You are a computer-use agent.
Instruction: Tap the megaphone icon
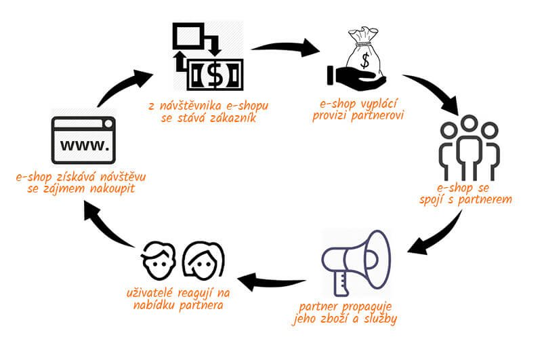click(356, 263)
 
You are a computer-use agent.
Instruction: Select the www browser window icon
click(83, 140)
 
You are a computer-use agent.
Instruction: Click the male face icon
click(159, 260)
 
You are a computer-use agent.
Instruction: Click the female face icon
click(204, 260)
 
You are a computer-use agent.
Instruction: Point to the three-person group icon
click(469, 148)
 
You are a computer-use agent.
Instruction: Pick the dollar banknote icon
click(215, 75)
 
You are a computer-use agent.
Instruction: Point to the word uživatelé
click(149, 293)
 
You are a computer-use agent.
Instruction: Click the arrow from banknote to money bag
click(285, 47)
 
